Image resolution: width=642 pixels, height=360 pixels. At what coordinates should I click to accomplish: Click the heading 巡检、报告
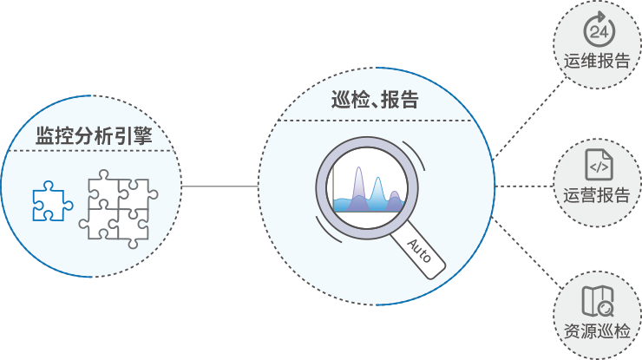(376, 100)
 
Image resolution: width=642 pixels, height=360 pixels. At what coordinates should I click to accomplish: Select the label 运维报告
(598, 62)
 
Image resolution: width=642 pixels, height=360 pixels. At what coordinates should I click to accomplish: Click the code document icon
(599, 164)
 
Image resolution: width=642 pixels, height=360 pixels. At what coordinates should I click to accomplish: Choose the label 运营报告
(598, 195)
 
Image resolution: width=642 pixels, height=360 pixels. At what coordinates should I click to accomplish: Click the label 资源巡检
(598, 331)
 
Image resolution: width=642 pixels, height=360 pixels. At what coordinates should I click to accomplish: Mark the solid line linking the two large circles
(220, 186)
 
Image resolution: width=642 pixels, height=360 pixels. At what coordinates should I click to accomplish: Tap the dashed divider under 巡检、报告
(376, 120)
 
